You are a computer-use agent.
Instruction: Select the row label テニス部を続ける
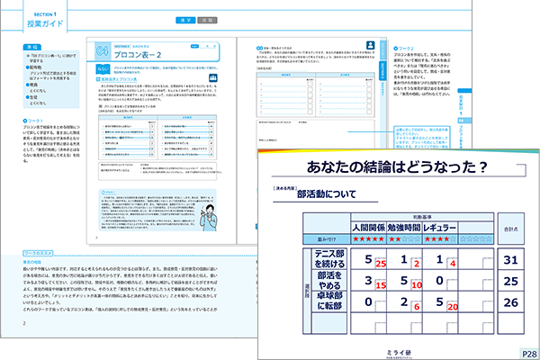[x=331, y=260]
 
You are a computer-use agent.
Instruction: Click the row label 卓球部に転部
[x=331, y=303]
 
